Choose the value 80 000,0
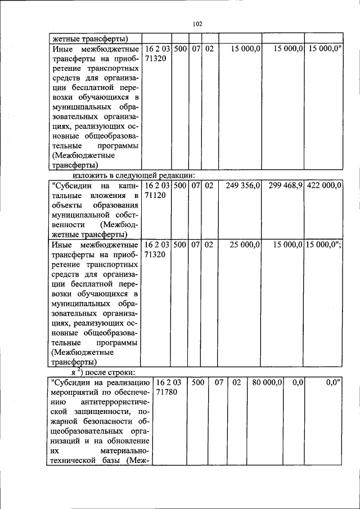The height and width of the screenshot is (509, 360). click(x=267, y=382)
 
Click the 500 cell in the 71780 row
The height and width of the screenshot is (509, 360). click(x=197, y=382)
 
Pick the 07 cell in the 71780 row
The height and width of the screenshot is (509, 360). click(x=219, y=382)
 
